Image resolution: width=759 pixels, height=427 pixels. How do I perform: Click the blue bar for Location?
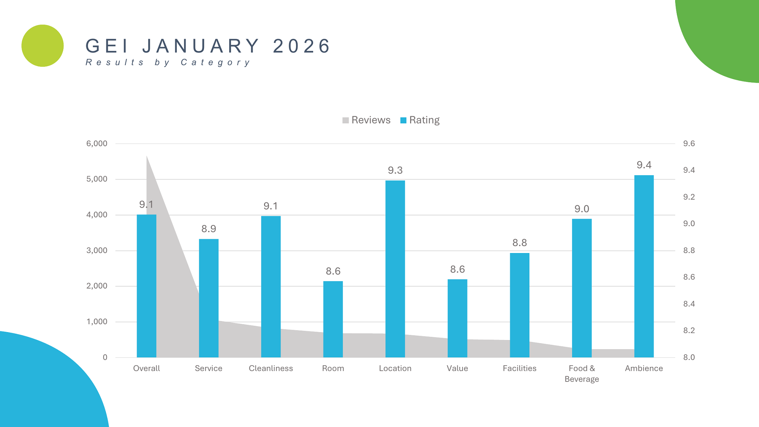(395, 269)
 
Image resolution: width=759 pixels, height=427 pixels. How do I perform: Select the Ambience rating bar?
(644, 266)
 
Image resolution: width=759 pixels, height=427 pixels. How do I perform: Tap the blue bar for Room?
(333, 319)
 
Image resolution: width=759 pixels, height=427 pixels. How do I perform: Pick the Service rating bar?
(208, 298)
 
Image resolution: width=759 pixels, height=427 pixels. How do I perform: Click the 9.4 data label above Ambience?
(644, 165)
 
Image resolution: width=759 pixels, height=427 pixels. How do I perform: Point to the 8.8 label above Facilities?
(519, 243)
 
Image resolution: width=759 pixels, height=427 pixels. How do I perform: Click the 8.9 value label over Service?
(208, 229)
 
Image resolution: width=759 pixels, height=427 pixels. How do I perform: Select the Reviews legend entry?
(366, 120)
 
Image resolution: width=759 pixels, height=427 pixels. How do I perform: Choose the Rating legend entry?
(420, 120)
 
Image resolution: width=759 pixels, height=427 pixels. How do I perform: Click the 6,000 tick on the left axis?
(97, 144)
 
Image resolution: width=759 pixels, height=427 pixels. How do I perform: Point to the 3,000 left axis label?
(97, 250)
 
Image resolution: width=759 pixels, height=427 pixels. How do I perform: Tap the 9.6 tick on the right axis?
(689, 144)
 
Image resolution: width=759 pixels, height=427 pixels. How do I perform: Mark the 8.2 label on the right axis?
(689, 331)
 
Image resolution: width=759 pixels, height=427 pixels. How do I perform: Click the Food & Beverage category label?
(582, 374)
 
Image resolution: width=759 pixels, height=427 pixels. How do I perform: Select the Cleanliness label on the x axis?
(271, 368)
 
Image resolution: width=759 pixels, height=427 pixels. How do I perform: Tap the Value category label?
(457, 368)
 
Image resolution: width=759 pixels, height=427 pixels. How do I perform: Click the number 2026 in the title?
(302, 46)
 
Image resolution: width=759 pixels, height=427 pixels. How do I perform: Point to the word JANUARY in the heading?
(201, 46)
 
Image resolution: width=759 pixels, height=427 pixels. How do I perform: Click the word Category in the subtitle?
(215, 62)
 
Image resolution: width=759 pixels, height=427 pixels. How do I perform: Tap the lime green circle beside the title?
(43, 46)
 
